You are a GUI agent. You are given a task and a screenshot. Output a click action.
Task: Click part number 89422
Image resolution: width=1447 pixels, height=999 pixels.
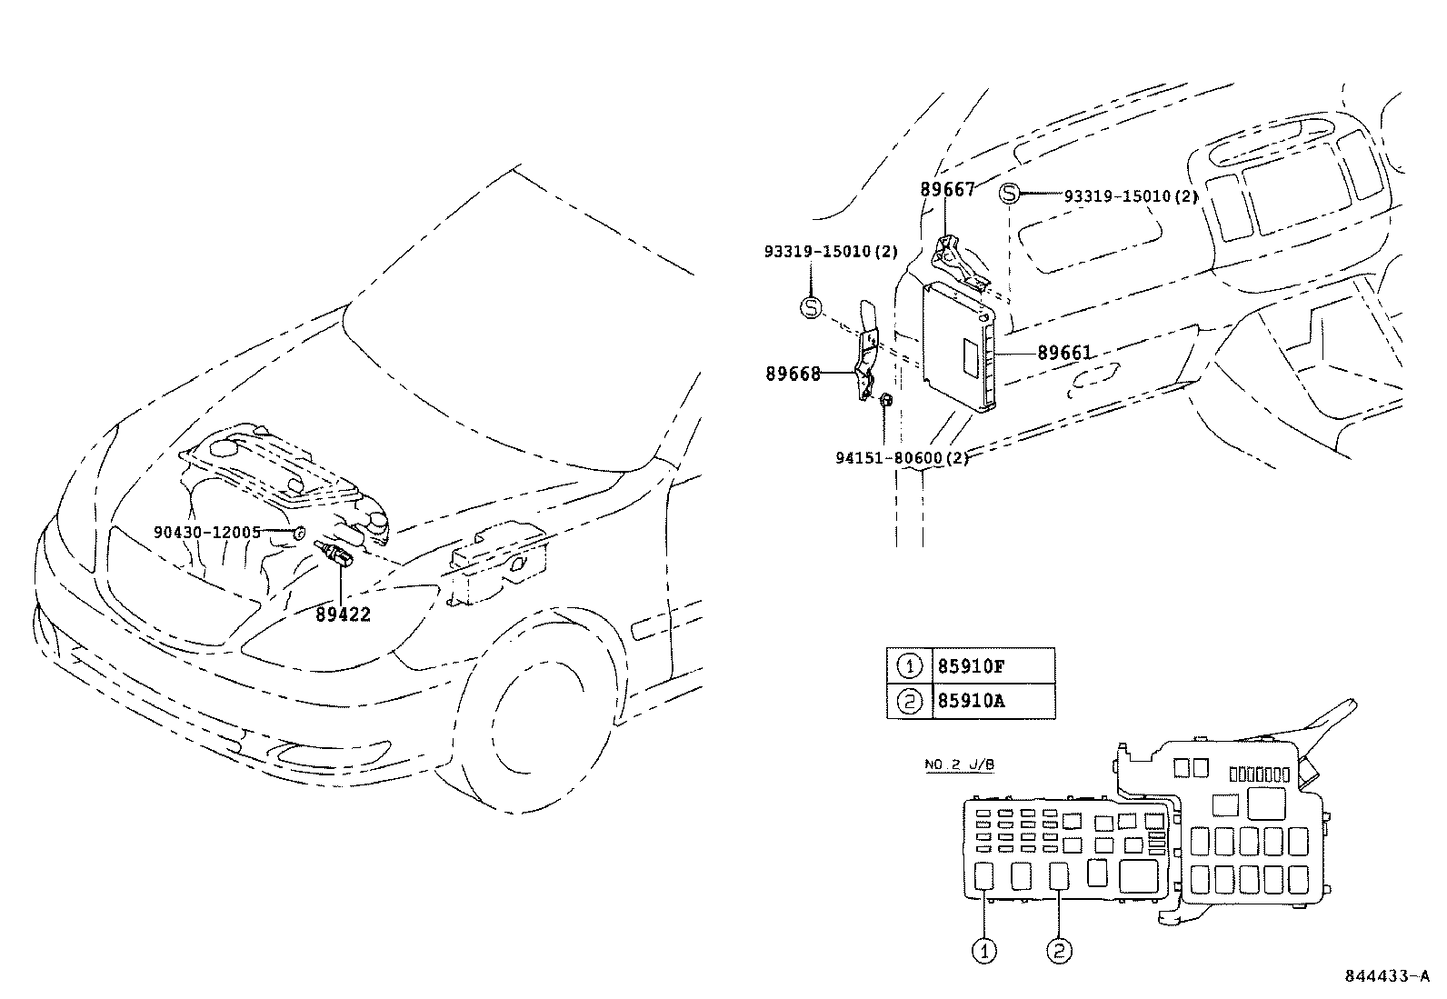pyautogui.click(x=343, y=614)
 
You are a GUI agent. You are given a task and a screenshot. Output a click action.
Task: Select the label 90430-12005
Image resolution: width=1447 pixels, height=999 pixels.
pyautogui.click(x=207, y=533)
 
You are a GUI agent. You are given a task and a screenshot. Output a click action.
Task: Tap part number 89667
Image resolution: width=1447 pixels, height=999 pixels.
pyautogui.click(x=948, y=189)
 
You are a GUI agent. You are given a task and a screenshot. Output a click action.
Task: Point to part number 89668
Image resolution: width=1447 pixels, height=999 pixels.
pyautogui.click(x=793, y=374)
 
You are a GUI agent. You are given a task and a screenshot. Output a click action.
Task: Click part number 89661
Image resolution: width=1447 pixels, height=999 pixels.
pyautogui.click(x=1064, y=353)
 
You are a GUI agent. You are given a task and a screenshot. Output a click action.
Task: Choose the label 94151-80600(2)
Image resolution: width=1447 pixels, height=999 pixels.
pyautogui.click(x=903, y=458)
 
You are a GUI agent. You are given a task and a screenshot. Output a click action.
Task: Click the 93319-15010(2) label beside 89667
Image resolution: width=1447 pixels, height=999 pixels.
pyautogui.click(x=1131, y=195)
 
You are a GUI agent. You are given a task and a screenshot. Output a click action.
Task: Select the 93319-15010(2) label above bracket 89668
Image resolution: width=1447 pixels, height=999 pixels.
pyautogui.click(x=832, y=252)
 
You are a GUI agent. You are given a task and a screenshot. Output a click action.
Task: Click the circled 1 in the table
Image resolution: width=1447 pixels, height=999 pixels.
pyautogui.click(x=910, y=666)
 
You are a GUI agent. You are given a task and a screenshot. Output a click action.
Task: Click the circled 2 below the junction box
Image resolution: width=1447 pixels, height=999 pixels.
pyautogui.click(x=1059, y=951)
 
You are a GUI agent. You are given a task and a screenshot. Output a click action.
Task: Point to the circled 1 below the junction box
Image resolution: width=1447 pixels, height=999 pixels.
pyautogui.click(x=984, y=951)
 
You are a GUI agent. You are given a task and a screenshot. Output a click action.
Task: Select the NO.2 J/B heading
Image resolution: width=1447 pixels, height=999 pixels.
pyautogui.click(x=959, y=764)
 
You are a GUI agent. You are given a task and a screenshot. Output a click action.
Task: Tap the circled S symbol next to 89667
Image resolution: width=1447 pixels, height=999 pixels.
pyautogui.click(x=1009, y=194)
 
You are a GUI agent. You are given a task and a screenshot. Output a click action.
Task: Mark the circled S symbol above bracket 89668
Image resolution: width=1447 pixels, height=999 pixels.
pyautogui.click(x=811, y=307)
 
